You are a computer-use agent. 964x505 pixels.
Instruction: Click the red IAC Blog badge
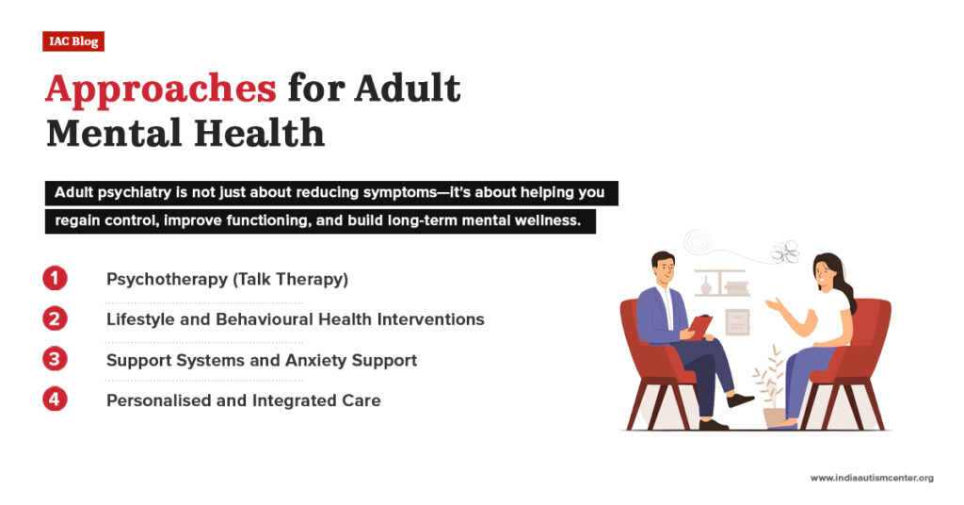(x=72, y=41)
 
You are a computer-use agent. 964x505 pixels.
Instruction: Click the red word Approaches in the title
(x=160, y=89)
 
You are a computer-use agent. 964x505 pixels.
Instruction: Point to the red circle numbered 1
(x=56, y=278)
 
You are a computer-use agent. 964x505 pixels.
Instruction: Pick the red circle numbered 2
(x=56, y=318)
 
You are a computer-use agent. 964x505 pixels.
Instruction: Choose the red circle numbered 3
(x=56, y=360)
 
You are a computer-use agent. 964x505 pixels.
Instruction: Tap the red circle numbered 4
(x=56, y=399)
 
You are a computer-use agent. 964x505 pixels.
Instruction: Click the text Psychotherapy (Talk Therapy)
(x=226, y=279)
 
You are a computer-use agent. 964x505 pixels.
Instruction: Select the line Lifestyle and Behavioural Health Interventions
(x=295, y=319)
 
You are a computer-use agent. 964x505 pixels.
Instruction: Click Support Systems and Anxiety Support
(x=261, y=360)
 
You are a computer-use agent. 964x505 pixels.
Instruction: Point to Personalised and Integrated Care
(x=243, y=400)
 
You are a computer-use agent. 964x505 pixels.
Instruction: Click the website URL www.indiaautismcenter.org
(x=872, y=479)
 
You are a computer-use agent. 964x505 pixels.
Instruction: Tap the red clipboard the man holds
(x=700, y=326)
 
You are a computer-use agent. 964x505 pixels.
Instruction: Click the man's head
(x=663, y=267)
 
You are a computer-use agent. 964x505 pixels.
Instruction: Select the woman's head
(x=826, y=271)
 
